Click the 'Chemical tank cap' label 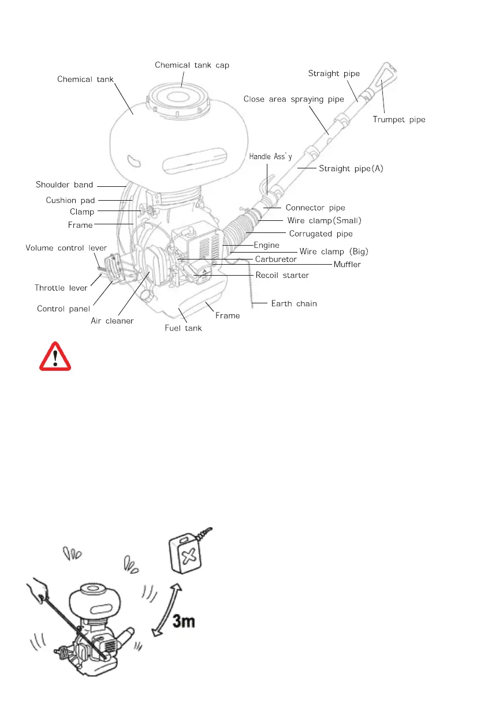pyautogui.click(x=192, y=65)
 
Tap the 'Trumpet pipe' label pyautogui.click(x=399, y=119)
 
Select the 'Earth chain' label pyautogui.click(x=294, y=303)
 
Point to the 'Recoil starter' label pyautogui.click(x=282, y=276)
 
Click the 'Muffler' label pyautogui.click(x=347, y=264)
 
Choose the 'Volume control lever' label pyautogui.click(x=66, y=248)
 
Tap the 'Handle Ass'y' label pyautogui.click(x=270, y=156)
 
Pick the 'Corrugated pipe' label pyautogui.click(x=321, y=234)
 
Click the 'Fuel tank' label pyautogui.click(x=184, y=329)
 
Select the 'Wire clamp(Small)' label pyautogui.click(x=324, y=220)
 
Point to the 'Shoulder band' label pyautogui.click(x=64, y=185)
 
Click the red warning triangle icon pyautogui.click(x=55, y=356)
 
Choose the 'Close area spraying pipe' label pyautogui.click(x=293, y=99)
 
